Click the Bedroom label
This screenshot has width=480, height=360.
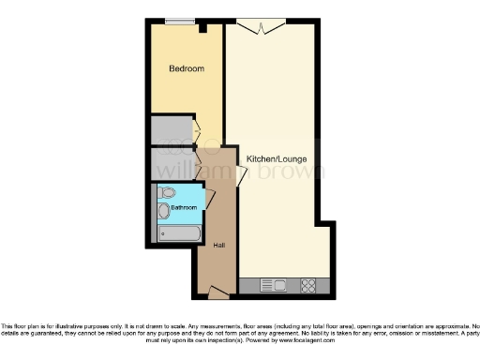coord(187,69)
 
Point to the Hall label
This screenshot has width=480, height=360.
coord(218,246)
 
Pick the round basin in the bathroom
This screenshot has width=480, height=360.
coord(164,211)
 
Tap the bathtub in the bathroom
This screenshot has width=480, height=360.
coord(176,231)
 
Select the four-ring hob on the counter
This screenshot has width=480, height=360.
coord(307,284)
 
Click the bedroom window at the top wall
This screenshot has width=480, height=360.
coord(180,22)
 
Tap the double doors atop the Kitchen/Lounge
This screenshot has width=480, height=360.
coord(262,25)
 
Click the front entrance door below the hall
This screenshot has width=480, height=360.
coord(217,293)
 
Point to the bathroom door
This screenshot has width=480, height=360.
coord(209,199)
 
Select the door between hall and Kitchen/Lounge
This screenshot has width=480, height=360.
coord(241,175)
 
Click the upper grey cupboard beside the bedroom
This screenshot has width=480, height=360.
coord(172,129)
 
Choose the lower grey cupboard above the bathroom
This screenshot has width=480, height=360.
coord(172,162)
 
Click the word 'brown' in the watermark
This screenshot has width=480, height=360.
coord(294,172)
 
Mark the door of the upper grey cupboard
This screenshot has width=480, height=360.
coord(196,129)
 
